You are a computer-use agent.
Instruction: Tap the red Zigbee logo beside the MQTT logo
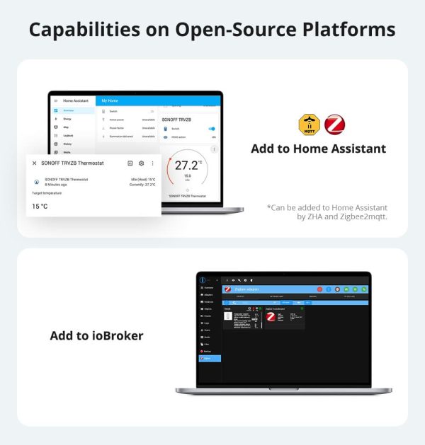click(334, 125)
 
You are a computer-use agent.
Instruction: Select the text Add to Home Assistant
click(318, 149)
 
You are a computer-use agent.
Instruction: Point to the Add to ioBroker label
click(96, 335)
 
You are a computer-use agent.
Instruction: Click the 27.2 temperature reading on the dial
click(188, 166)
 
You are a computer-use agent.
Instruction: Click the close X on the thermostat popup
click(34, 163)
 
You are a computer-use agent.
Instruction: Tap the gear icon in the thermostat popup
click(141, 163)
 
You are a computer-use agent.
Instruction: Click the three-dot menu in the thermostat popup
click(152, 163)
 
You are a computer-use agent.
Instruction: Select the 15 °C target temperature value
click(40, 207)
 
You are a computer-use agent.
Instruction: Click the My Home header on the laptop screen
click(110, 101)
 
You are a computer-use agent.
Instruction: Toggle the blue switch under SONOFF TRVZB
click(211, 129)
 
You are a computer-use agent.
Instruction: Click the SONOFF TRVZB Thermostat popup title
click(72, 163)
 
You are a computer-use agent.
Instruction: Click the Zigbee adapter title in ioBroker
click(246, 289)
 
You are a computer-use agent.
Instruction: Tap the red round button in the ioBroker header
click(319, 289)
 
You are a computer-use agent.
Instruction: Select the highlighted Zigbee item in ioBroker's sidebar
click(210, 358)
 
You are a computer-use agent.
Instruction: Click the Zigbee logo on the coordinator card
click(271, 317)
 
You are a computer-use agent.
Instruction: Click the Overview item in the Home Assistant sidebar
click(69, 110)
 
